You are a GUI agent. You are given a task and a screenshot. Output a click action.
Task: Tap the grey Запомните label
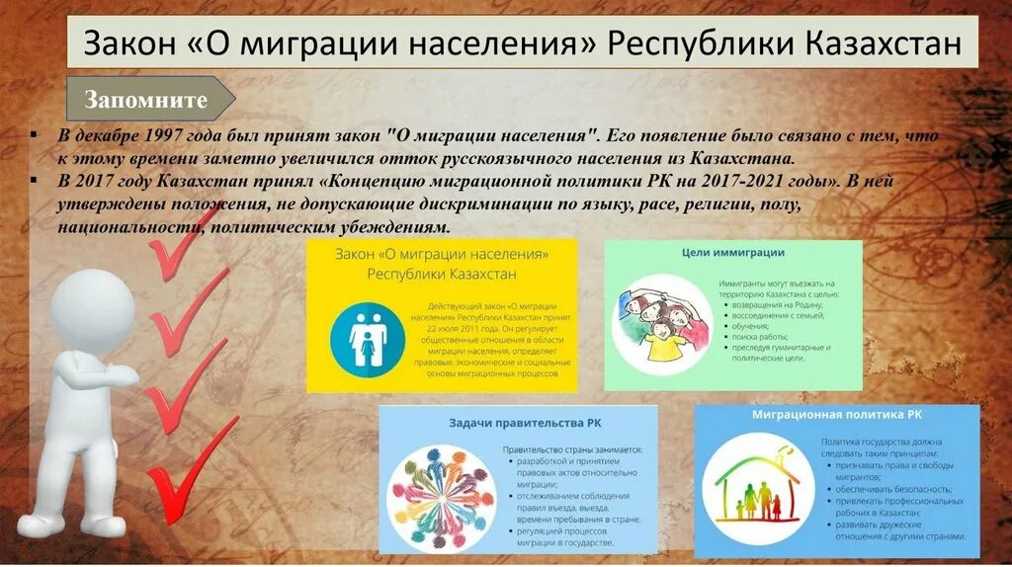[146, 99]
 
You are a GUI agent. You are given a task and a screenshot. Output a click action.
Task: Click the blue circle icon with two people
[367, 339]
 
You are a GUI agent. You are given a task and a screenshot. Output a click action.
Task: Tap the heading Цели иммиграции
[733, 253]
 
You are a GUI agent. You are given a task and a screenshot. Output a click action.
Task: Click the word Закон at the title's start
[124, 44]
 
